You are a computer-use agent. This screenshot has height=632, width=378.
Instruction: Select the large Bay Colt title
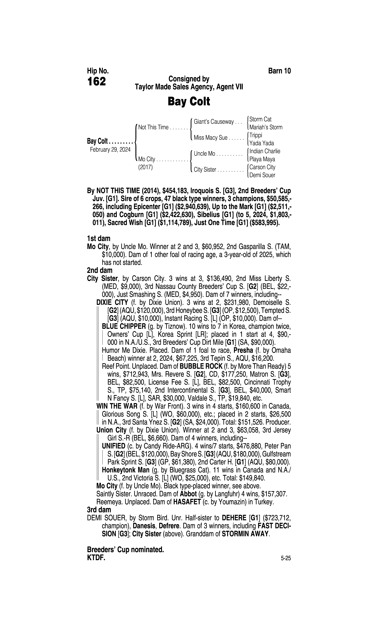coord(189,101)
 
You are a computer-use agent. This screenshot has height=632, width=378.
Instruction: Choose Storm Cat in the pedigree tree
coord(260,119)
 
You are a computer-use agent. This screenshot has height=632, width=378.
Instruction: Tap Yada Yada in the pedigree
coord(262,143)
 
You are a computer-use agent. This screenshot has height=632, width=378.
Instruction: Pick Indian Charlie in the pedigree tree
coord(265,151)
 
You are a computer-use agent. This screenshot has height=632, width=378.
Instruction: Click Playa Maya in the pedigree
coord(262,159)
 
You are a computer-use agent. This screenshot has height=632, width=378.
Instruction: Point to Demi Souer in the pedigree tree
coord(262,175)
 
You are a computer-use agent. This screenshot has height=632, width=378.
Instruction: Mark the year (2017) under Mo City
coord(145,167)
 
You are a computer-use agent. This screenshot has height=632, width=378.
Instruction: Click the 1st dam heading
coord(99,239)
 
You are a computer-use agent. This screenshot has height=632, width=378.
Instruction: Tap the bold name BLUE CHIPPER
coord(124,326)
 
